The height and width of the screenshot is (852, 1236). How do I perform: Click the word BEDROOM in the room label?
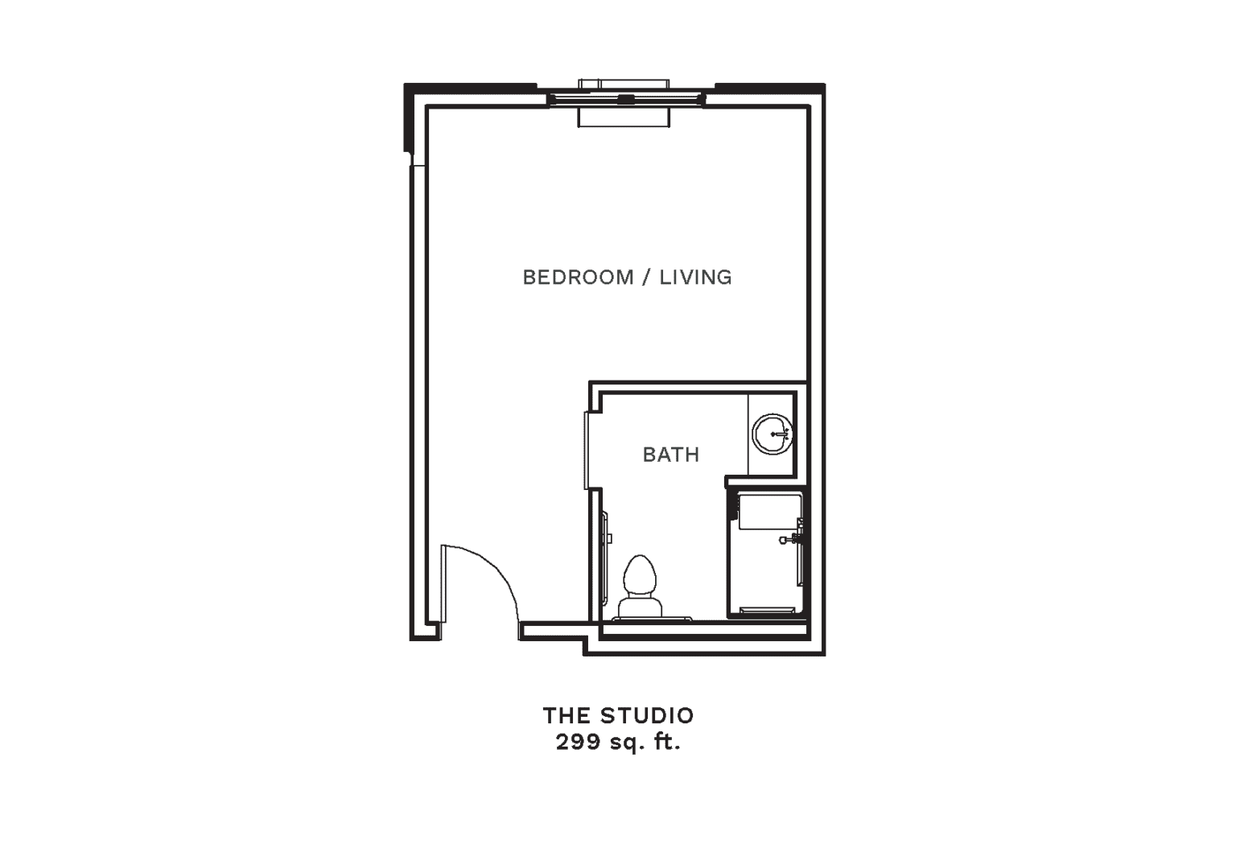tap(578, 277)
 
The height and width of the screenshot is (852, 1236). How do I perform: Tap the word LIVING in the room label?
tap(696, 277)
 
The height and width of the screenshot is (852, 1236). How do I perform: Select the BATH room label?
tap(671, 455)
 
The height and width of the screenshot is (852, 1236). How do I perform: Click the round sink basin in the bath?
tap(772, 434)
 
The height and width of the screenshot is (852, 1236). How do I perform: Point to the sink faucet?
tap(781, 434)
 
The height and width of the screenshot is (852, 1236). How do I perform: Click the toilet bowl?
tap(640, 575)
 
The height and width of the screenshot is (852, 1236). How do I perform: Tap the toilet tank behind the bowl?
tap(640, 607)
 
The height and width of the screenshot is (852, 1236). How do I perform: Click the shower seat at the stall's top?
tap(770, 512)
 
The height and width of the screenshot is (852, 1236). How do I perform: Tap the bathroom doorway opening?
tap(588, 451)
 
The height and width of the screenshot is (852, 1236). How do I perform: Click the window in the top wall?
tap(625, 100)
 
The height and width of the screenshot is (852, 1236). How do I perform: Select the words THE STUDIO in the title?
tap(619, 716)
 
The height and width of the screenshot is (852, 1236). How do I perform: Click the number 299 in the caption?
tap(579, 743)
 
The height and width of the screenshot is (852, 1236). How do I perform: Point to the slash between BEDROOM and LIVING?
tap(646, 277)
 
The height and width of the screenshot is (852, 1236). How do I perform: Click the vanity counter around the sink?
tap(771, 434)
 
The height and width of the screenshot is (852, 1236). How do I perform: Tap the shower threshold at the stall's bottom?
tap(767, 611)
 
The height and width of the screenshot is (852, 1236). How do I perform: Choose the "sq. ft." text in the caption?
tap(645, 743)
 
